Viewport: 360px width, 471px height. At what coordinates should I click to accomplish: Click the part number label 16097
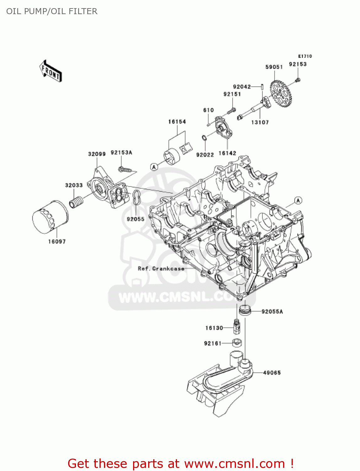pos(57,241)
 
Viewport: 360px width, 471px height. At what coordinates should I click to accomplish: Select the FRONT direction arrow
pos(51,71)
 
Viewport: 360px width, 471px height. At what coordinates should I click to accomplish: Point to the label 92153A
pos(121,153)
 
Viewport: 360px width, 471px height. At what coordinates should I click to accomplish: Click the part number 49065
pos(272,373)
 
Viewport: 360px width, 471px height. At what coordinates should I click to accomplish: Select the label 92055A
pos(272,311)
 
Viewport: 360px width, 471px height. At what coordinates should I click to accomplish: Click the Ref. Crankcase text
pos(161,268)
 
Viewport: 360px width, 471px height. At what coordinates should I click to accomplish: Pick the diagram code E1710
pos(305,56)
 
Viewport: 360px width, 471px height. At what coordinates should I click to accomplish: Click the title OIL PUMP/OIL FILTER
pos(52,11)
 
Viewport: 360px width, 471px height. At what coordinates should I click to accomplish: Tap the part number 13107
pos(260,122)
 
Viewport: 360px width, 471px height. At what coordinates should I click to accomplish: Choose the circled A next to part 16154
pos(154,167)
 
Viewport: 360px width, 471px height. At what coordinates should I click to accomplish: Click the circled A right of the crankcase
pos(298,200)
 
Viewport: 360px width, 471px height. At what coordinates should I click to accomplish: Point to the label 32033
pos(74,185)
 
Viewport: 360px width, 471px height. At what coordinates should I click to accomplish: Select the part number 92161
pos(213,343)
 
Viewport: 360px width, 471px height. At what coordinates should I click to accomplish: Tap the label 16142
pos(227,153)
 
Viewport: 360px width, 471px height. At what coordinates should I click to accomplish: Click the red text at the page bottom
pos(180,463)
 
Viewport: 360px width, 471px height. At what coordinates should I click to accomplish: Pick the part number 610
pos(208,110)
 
